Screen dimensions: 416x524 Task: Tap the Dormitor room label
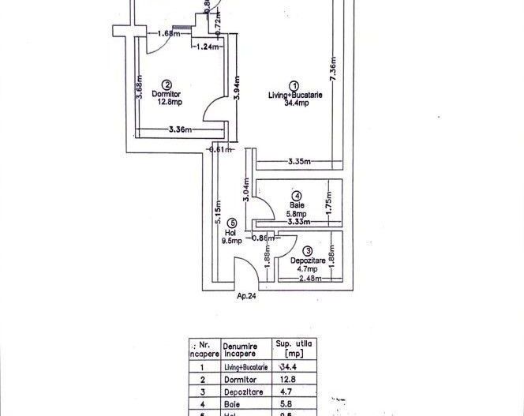pos(167,93)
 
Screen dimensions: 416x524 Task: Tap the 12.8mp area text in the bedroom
pos(168,102)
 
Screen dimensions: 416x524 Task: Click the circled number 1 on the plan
pos(294,85)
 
